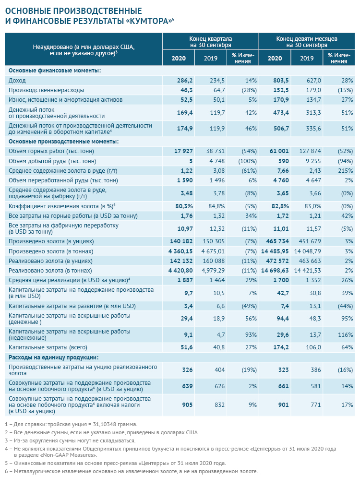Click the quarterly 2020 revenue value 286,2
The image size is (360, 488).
(184, 80)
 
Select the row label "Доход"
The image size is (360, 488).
(17, 80)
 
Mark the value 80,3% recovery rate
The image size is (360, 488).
(183, 205)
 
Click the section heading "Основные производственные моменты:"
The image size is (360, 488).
(63, 141)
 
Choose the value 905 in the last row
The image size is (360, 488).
(187, 405)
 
